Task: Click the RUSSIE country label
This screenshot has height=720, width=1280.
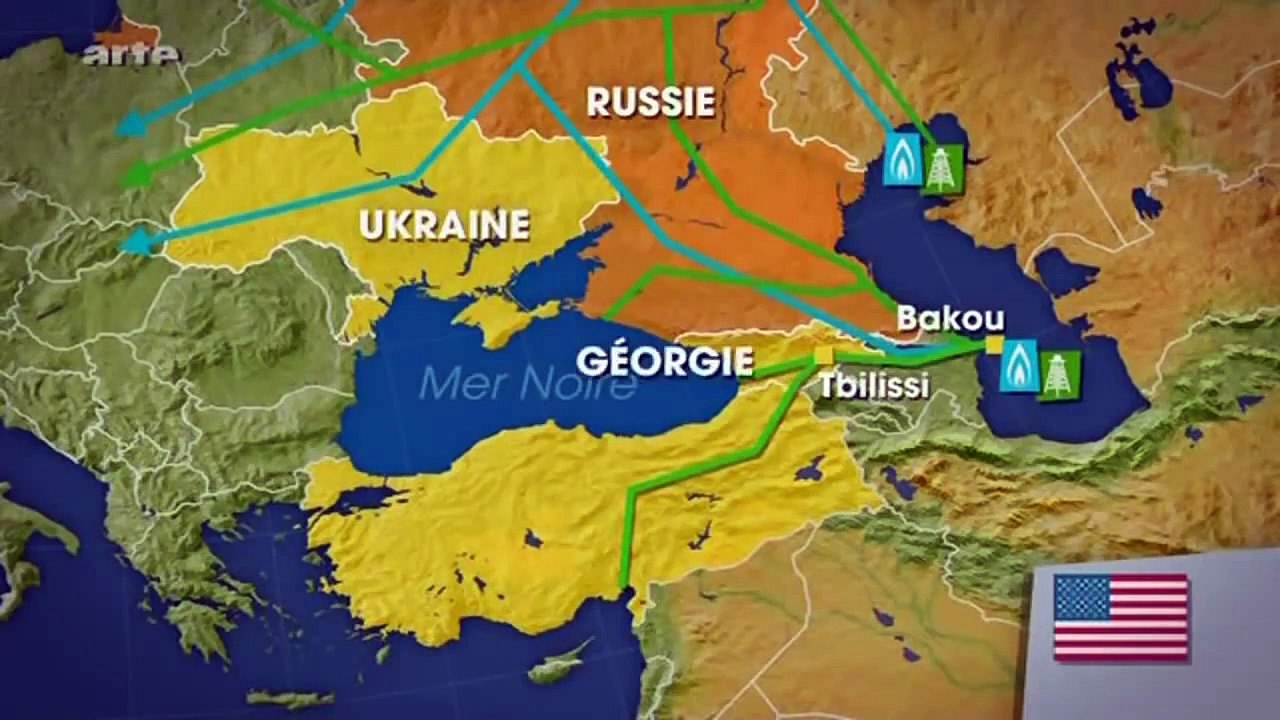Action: (x=650, y=101)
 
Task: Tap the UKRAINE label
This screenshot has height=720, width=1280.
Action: (x=444, y=225)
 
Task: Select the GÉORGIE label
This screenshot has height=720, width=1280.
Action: (x=665, y=360)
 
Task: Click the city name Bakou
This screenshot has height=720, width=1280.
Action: (x=950, y=318)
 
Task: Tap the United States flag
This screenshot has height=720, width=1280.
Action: (x=1121, y=616)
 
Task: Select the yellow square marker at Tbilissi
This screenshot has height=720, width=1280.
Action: (x=823, y=355)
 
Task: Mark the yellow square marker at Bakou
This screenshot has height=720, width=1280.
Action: (x=994, y=345)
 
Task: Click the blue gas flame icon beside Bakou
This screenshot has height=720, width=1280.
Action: (x=1020, y=365)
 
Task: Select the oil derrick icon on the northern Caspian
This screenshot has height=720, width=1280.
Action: (x=941, y=167)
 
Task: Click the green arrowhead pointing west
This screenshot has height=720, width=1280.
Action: (x=134, y=177)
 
